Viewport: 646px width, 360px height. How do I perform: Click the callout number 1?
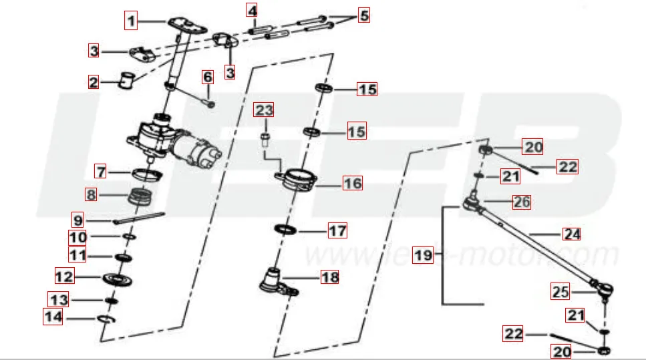[x=132, y=21]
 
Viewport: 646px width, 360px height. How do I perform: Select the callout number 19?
[x=421, y=255]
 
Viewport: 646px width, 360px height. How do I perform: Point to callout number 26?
[x=520, y=202]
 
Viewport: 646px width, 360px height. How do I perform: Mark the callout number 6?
[x=207, y=77]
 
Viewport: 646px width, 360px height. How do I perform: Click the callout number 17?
[x=337, y=231]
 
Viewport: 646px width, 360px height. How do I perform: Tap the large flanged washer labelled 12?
[x=118, y=278]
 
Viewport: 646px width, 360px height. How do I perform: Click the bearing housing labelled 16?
[x=299, y=181]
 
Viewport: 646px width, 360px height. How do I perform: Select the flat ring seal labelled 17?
[x=287, y=230]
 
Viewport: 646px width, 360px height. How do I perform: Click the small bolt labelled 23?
[x=265, y=139]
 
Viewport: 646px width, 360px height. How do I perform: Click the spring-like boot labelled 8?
[x=140, y=198]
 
